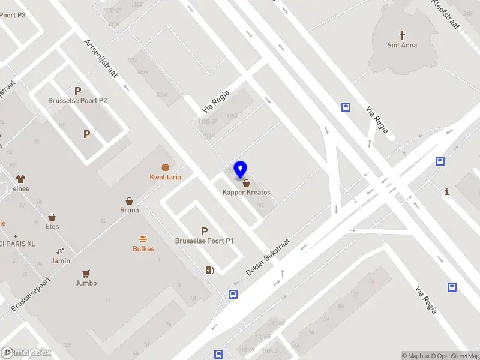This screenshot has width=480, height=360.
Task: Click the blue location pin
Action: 241,170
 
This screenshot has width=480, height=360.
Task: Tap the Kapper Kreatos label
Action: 247,193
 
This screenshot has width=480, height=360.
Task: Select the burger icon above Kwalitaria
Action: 165,167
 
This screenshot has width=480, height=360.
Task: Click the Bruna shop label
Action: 129,210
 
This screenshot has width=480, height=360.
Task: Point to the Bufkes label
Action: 143,248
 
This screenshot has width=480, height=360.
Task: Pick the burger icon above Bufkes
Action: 143,238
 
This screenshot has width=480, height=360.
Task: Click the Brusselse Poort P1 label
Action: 204,241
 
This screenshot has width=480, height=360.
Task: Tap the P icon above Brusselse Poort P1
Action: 204,231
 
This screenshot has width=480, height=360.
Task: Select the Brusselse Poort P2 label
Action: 77,100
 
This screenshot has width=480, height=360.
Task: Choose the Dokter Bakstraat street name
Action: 268,256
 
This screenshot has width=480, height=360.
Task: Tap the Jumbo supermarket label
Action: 86,283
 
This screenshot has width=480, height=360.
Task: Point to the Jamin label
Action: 61,260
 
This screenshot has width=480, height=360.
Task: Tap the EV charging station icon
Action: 209,271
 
